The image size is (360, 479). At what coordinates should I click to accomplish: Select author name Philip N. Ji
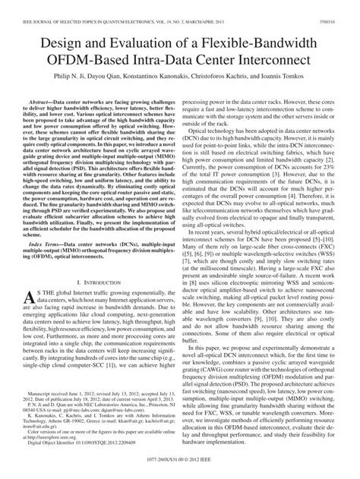(x=74, y=77)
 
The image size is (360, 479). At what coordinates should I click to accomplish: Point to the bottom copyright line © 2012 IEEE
(x=180, y=471)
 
